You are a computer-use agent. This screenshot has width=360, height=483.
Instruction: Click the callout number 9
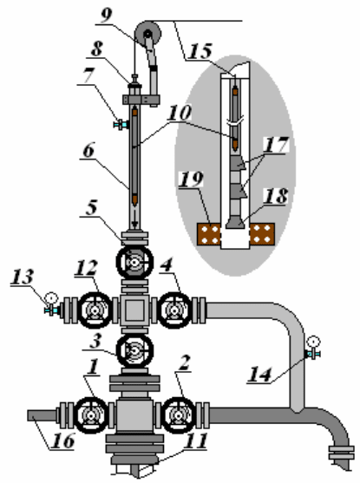pyautogui.click(x=107, y=16)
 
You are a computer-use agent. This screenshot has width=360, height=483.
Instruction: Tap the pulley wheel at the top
pyautogui.click(x=148, y=33)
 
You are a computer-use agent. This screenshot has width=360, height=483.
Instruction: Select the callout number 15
pyautogui.click(x=200, y=51)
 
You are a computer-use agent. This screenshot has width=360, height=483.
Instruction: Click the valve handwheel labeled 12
pyautogui.click(x=95, y=310)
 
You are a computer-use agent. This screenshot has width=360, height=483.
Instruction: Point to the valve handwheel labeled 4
pyautogui.click(x=175, y=310)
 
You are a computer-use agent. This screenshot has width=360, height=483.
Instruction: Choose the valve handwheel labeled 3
pyautogui.click(x=134, y=350)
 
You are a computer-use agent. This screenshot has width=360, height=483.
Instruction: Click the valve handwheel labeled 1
pyautogui.click(x=91, y=415)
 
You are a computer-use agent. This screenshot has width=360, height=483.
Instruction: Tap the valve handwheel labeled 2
pyautogui.click(x=179, y=415)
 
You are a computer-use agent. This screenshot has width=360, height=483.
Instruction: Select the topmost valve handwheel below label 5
pyautogui.click(x=134, y=262)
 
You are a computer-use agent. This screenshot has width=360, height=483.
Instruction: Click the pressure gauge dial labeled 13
pyautogui.click(x=51, y=298)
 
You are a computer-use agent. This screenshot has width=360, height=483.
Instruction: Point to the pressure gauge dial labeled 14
pyautogui.click(x=314, y=342)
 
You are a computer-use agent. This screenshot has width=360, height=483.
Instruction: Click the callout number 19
pyautogui.click(x=191, y=179)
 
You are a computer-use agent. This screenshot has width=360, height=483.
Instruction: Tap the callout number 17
pyautogui.click(x=276, y=144)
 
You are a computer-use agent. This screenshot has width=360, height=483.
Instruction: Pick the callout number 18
pyautogui.click(x=276, y=196)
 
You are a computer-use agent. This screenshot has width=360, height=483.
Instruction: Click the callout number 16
pyautogui.click(x=62, y=441)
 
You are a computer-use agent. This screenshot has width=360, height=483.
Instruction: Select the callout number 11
pyautogui.click(x=195, y=441)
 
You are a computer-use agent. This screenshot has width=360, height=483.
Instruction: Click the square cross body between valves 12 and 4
pyautogui.click(x=134, y=310)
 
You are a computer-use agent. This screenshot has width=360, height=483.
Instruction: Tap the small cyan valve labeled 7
pyautogui.click(x=121, y=125)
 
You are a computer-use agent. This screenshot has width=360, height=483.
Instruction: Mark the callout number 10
pyautogui.click(x=180, y=113)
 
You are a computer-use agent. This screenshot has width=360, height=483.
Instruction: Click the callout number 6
pyautogui.click(x=88, y=150)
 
